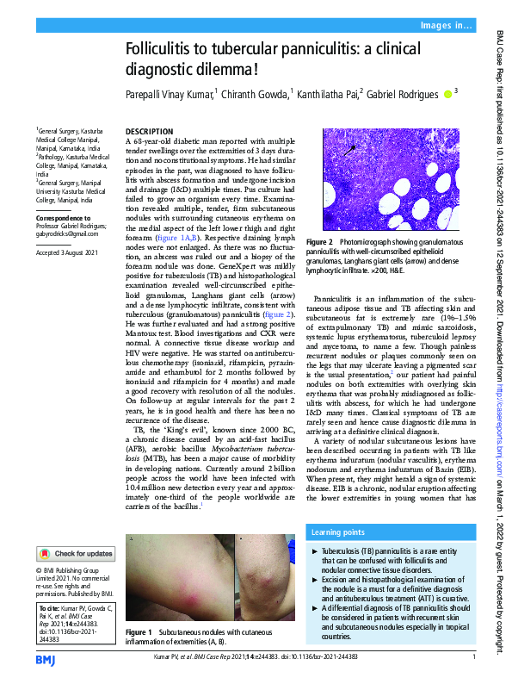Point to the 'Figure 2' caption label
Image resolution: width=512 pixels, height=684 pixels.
(x=320, y=244)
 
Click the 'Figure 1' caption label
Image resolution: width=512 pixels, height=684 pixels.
(x=139, y=632)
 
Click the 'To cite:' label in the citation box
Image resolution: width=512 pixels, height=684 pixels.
(x=48, y=607)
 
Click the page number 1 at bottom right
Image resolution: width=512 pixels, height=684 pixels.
(x=474, y=658)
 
